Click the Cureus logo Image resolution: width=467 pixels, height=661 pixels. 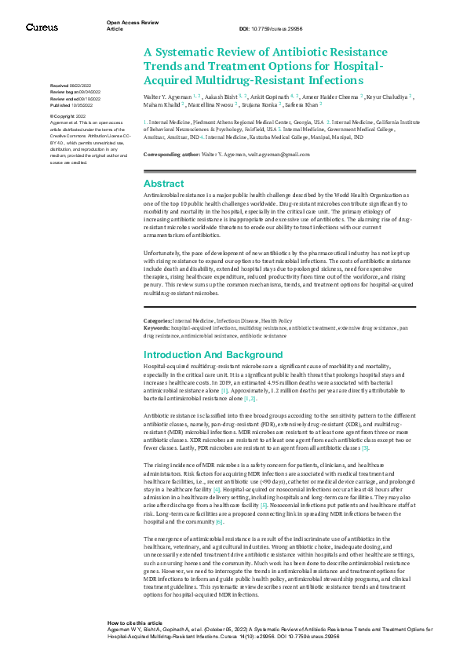click(x=42, y=27)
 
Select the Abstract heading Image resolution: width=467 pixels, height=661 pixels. click(x=164, y=183)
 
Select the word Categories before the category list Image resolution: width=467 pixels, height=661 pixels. click(x=157, y=321)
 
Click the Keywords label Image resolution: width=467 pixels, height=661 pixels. click(x=156, y=327)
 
